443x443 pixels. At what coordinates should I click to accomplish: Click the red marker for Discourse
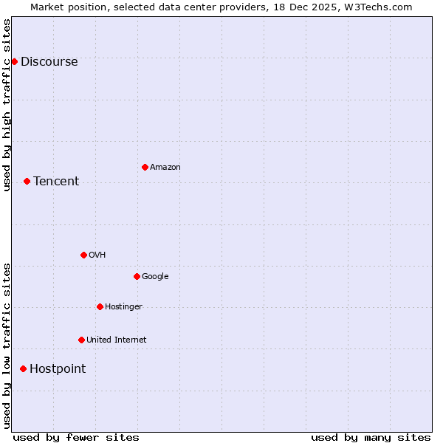tap(14, 61)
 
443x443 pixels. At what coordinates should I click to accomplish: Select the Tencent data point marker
tap(27, 181)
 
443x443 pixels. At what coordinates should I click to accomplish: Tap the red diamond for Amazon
tap(145, 167)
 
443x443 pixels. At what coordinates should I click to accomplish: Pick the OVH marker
tap(83, 255)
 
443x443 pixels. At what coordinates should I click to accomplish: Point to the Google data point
tap(137, 276)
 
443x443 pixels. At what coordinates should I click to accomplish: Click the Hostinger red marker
tap(100, 306)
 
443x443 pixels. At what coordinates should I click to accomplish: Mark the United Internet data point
tap(81, 340)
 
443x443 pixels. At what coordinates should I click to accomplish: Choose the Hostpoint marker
tap(23, 368)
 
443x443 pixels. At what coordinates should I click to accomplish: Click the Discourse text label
tap(49, 62)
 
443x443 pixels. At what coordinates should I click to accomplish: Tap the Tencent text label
tap(56, 182)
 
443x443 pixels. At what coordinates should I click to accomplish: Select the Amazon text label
tap(165, 168)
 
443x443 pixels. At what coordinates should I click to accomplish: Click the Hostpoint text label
tap(58, 369)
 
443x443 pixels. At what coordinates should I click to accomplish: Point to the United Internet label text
tap(117, 340)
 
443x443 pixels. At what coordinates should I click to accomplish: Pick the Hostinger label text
tap(123, 307)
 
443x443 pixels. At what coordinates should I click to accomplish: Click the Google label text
tap(155, 277)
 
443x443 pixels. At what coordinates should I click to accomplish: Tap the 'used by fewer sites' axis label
tap(76, 437)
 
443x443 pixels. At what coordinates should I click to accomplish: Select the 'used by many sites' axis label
tap(371, 437)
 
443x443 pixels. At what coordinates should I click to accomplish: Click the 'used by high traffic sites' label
tap(7, 105)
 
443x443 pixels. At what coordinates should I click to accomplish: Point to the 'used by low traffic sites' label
tap(7, 346)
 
